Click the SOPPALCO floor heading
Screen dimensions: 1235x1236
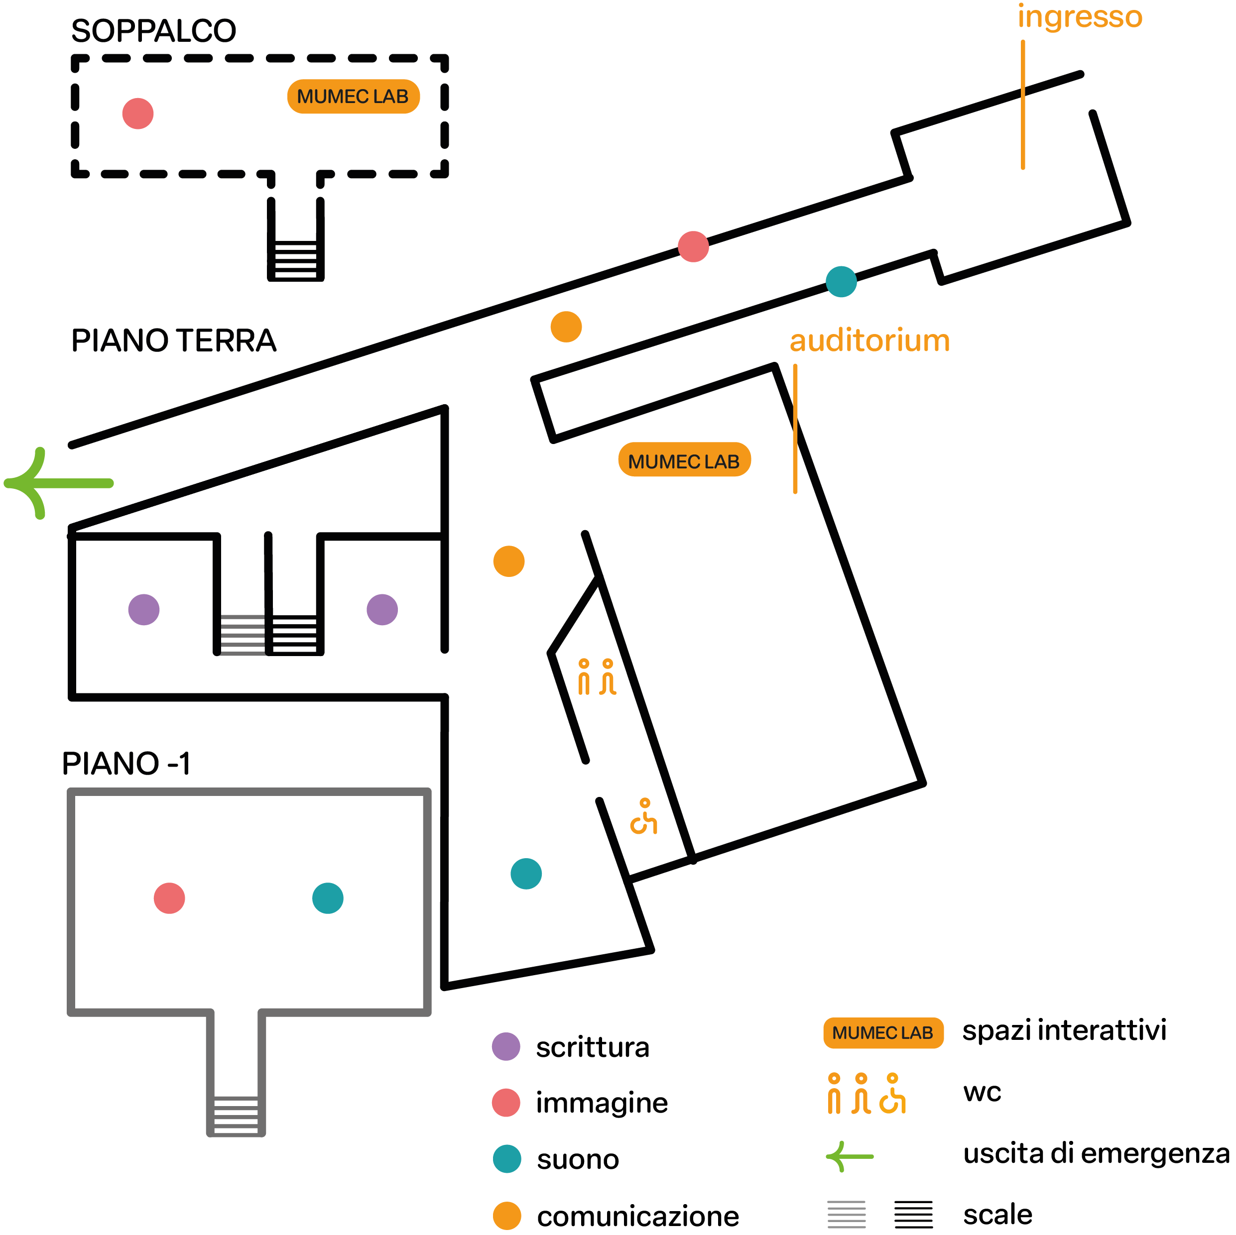coord(153,31)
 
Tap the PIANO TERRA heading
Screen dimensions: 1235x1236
coord(173,340)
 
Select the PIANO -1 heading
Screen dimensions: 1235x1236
coord(126,763)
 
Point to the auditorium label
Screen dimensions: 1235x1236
coord(869,340)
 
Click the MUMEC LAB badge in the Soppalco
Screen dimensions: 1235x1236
coord(353,97)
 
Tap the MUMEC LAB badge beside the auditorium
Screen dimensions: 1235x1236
coord(684,460)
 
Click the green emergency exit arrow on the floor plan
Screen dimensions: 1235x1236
coord(58,483)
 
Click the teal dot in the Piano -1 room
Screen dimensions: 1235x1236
coord(328,898)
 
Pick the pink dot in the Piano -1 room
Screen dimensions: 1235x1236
coord(169,898)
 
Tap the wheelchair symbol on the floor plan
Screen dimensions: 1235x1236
coord(643,817)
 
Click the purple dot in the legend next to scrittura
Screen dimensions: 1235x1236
coord(506,1047)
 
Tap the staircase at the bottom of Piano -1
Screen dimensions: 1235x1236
coord(236,1114)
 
